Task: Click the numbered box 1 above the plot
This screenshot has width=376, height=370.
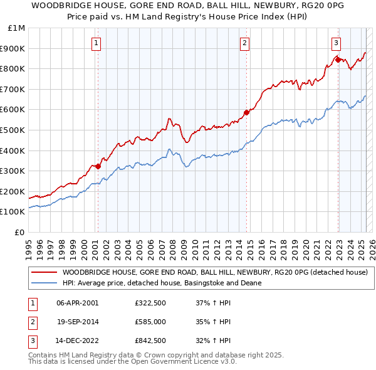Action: (x=96, y=43)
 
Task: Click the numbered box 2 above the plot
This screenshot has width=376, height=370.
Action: (x=244, y=43)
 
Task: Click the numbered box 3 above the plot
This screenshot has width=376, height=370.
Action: (x=336, y=43)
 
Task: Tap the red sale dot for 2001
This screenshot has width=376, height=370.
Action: (x=98, y=166)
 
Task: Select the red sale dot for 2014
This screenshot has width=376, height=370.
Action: (x=246, y=112)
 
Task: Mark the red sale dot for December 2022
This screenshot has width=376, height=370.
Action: (x=338, y=60)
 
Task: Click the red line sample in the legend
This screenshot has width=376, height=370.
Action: (x=44, y=273)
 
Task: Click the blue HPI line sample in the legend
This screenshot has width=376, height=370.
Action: (x=44, y=283)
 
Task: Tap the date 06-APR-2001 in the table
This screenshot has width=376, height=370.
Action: (x=77, y=303)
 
